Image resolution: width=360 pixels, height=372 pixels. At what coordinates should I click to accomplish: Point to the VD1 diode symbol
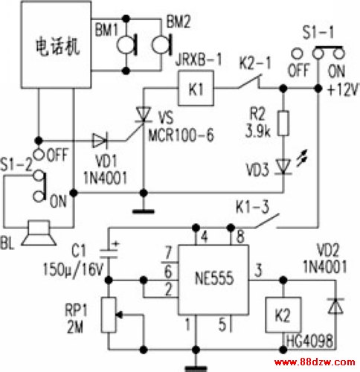[100, 141]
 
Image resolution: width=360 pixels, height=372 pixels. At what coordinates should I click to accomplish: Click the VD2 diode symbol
[335, 306]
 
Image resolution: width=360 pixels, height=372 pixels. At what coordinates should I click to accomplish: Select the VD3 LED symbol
[283, 167]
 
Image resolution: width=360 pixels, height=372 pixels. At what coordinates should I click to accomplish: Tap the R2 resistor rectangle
[283, 124]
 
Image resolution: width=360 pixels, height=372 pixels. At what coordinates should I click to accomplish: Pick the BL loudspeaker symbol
[39, 233]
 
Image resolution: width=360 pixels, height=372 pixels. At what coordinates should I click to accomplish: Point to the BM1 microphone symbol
[127, 45]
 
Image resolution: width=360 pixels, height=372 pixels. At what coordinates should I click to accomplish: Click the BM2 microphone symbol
[161, 45]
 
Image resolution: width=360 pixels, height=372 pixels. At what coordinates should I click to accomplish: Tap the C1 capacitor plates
[109, 254]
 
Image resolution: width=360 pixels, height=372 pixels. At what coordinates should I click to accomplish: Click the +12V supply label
[343, 89]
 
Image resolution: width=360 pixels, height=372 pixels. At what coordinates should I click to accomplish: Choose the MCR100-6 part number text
[181, 135]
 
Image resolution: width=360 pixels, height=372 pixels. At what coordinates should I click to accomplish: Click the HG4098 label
[309, 341]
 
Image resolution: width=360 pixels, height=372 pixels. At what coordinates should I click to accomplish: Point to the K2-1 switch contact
[250, 81]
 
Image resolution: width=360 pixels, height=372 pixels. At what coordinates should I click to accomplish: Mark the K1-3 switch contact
[267, 220]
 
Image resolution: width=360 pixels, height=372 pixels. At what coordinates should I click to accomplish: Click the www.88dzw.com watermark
[315, 362]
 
